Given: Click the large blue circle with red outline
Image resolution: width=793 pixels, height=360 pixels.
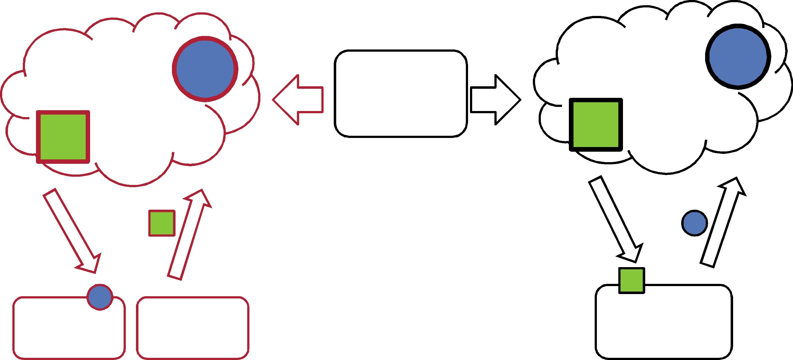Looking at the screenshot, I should tap(205, 69).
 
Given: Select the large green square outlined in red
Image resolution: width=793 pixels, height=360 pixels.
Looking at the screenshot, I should tap(63, 137).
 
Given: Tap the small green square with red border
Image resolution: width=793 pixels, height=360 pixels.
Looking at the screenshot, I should tap(162, 223).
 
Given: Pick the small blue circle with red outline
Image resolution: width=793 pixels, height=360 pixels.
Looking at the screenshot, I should tap(100, 297).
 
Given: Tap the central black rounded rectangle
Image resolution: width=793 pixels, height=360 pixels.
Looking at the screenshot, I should tap(401, 94).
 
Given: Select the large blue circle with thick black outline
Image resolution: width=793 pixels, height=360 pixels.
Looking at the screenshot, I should tap(738, 57).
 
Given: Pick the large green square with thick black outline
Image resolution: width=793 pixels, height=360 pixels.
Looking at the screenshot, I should tap(596, 125).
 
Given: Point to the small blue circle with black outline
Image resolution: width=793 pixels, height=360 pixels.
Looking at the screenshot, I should tap(694, 223).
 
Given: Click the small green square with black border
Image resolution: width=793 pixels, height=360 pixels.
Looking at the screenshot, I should tap(632, 281).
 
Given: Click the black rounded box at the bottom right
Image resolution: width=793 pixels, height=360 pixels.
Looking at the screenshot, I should tap(664, 323).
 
